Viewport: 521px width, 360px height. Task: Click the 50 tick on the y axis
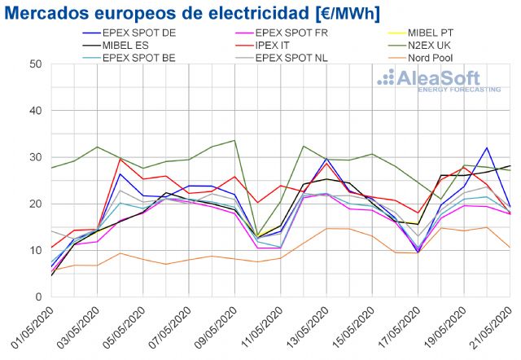pyautogui.click(x=36, y=64)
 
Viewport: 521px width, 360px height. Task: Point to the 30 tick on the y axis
pyautogui.click(x=36, y=157)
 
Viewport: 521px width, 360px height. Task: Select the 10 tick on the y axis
pyautogui.click(x=36, y=250)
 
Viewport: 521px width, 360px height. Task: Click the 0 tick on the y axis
pyautogui.click(x=39, y=296)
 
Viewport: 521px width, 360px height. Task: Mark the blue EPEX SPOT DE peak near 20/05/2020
pyautogui.click(x=487, y=148)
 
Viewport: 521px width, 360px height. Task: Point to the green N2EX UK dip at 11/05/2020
pyautogui.click(x=257, y=236)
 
